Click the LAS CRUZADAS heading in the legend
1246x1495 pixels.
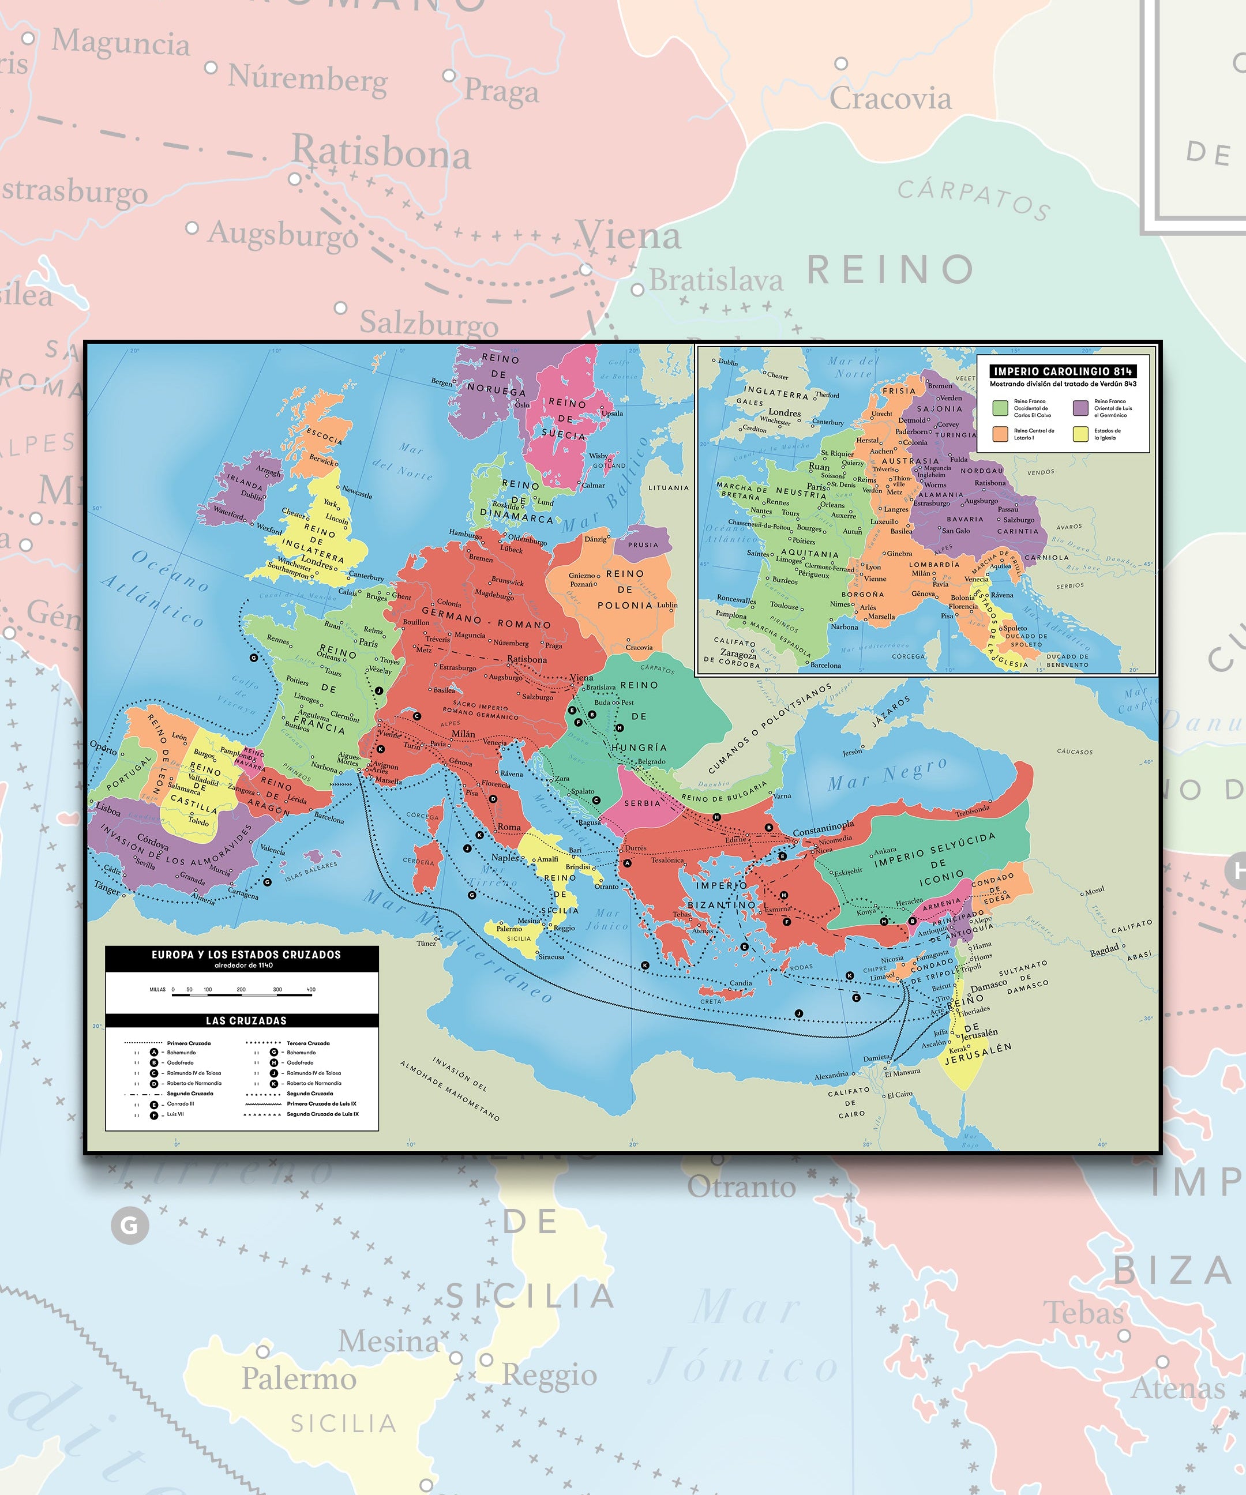click(x=246, y=1020)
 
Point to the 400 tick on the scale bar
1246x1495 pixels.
click(x=311, y=990)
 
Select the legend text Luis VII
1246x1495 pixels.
click(x=176, y=1114)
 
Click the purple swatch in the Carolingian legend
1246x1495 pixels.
click(x=1081, y=407)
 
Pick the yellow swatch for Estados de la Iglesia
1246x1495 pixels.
click(x=1081, y=434)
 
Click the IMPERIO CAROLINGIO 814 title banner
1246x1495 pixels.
click(x=1063, y=371)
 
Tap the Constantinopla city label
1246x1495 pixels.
click(x=823, y=830)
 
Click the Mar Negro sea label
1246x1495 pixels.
click(x=887, y=775)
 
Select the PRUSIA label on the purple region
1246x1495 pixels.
click(x=643, y=544)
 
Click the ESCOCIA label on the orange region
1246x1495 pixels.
click(x=325, y=435)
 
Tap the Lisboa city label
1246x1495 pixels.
click(x=108, y=809)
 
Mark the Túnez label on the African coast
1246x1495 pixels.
click(x=426, y=942)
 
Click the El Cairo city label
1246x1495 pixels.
click(x=900, y=1094)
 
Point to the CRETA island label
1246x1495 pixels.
click(x=711, y=1001)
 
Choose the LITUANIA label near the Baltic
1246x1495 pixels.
click(x=668, y=487)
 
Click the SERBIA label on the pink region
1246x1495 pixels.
click(x=642, y=803)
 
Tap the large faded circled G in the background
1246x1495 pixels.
click(x=130, y=1225)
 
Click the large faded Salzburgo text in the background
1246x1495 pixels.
click(x=429, y=323)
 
